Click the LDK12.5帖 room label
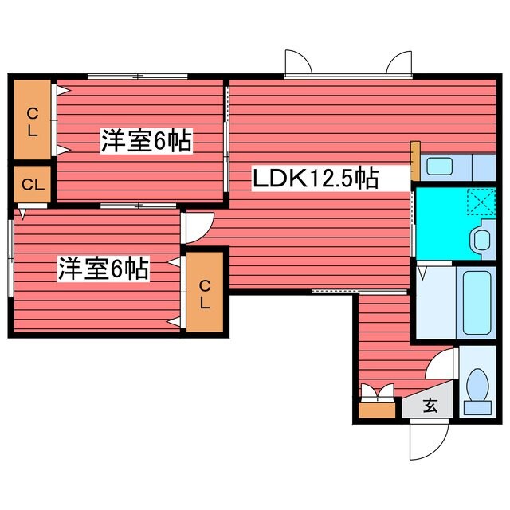(315, 178)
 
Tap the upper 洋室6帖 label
(145, 142)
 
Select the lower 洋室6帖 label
(103, 269)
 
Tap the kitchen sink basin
(439, 167)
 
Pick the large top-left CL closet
(32, 120)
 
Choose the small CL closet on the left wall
(32, 186)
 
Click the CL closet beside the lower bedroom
(205, 293)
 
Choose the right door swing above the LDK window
(398, 63)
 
